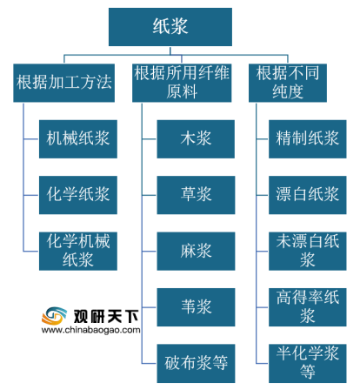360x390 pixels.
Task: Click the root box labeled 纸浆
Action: [170, 27]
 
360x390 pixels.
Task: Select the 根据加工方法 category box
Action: [63, 83]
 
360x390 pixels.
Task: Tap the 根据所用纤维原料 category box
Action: [182, 83]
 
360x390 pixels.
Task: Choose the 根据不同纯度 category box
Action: [288, 83]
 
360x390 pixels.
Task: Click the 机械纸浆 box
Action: [78, 139]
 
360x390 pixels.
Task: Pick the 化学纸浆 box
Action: [78, 195]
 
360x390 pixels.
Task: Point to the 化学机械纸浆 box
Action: [78, 251]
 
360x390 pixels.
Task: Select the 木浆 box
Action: [196, 139]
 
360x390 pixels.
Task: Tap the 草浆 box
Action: [196, 195]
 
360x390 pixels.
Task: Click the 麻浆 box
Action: [196, 251]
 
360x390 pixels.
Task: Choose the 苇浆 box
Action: [196, 307]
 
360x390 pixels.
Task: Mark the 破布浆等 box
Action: [196, 363]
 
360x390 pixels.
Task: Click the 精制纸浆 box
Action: [308, 139]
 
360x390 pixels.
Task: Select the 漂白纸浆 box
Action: [308, 195]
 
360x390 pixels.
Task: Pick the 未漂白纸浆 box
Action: [308, 251]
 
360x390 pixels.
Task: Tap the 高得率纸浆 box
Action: [308, 307]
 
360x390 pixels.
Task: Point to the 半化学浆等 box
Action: [308, 363]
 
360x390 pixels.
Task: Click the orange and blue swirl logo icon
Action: [54, 316]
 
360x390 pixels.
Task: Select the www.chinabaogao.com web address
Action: [90, 330]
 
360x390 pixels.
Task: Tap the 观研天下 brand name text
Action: [106, 316]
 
